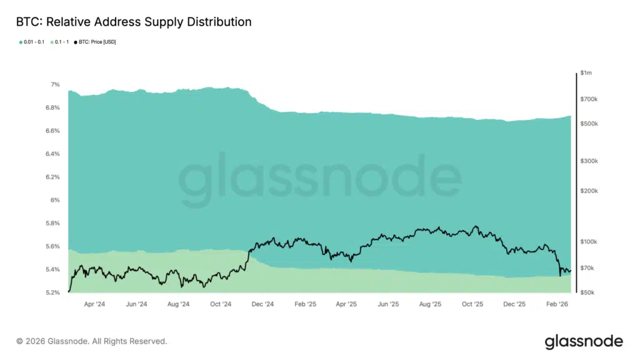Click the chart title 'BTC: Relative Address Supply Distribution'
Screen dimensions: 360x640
coord(133,22)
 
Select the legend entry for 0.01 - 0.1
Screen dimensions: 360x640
coord(31,42)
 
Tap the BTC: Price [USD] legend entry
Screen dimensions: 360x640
coord(95,42)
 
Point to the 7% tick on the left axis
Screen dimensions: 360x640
coord(56,84)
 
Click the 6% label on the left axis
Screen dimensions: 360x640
coord(56,200)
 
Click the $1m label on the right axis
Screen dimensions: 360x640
coord(586,73)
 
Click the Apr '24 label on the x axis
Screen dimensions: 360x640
coord(94,304)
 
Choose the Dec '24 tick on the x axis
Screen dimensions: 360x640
coord(262,304)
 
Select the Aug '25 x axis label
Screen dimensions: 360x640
coord(430,304)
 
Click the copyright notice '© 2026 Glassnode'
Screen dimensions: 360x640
coord(92,341)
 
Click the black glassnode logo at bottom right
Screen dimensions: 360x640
coord(583,341)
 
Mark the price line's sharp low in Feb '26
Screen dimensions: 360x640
coord(560,275)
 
